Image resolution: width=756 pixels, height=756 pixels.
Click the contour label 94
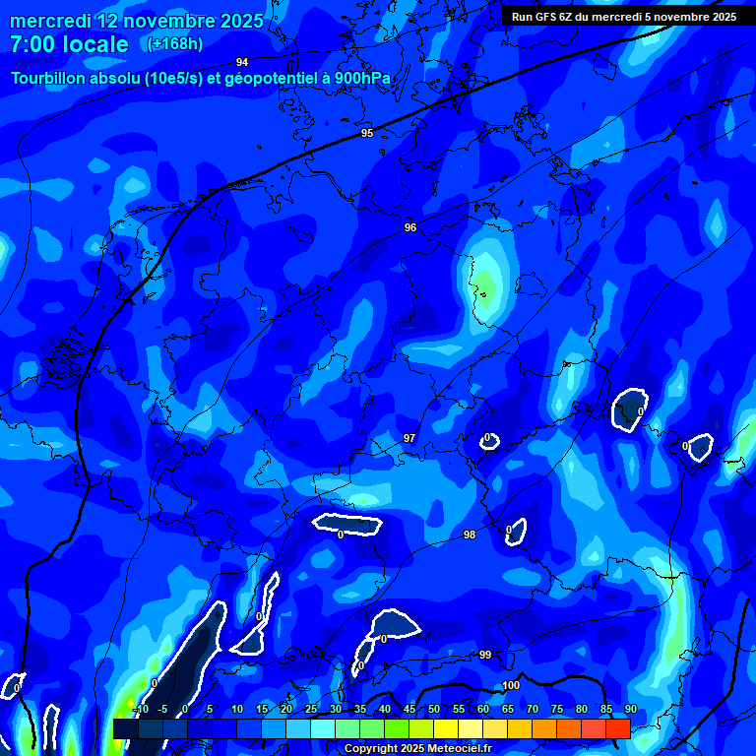[242, 62]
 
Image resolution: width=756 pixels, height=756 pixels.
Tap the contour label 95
[367, 133]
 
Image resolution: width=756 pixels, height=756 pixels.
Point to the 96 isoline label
[410, 227]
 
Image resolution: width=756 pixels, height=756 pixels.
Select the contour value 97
[409, 438]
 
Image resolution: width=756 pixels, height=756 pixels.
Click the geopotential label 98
[470, 535]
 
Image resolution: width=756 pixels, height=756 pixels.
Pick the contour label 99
[485, 655]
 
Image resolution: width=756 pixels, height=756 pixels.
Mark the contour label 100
[511, 685]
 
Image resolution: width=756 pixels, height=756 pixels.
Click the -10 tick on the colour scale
[142, 709]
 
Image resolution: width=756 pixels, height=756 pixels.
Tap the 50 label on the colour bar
[434, 709]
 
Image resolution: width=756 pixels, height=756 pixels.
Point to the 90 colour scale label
[631, 709]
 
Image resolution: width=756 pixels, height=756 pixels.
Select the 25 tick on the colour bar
[311, 709]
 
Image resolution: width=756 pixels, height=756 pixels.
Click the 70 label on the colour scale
[533, 709]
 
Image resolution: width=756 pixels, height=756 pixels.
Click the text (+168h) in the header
[174, 43]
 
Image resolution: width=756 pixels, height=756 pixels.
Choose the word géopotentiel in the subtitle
[257, 78]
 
